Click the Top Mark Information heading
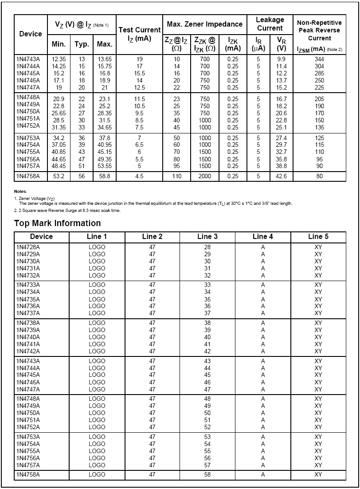coord(57,223)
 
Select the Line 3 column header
coord(207,237)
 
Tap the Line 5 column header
coord(318,237)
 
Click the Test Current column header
coord(139,34)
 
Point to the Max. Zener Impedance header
coord(204,24)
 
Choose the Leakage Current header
coord(270,24)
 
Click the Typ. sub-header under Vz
coord(82,44)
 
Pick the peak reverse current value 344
coord(319,59)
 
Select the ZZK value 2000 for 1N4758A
coord(204,176)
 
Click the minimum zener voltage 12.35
coord(59,59)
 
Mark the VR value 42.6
coord(281,176)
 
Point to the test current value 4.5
coord(139,176)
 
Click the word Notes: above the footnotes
coord(20,191)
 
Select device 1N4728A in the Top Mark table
coord(28,247)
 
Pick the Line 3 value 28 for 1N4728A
coord(207,247)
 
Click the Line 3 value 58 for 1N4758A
coord(207,474)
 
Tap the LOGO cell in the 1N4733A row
coord(97,285)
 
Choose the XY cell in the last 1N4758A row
coord(318,474)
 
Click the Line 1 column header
coord(97,237)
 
